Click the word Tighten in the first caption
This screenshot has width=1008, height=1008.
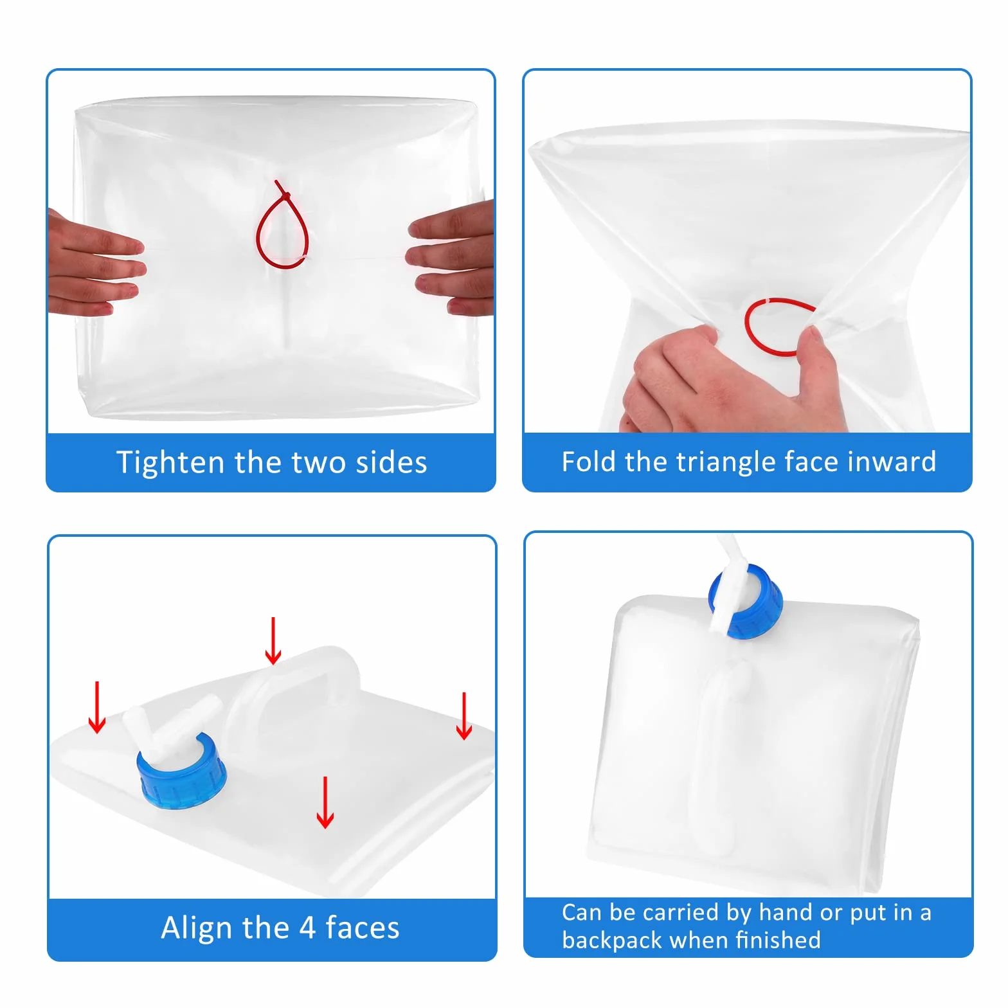(170, 463)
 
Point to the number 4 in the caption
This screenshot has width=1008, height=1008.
(307, 928)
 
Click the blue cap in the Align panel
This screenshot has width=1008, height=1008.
(181, 771)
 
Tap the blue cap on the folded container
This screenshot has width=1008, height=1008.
(747, 602)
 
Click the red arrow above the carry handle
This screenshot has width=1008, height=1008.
(273, 641)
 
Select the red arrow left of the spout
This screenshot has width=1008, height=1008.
(97, 707)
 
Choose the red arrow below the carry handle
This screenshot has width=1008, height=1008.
(325, 802)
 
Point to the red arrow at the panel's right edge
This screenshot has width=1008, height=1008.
(464, 715)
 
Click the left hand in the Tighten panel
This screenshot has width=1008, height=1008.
(93, 264)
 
